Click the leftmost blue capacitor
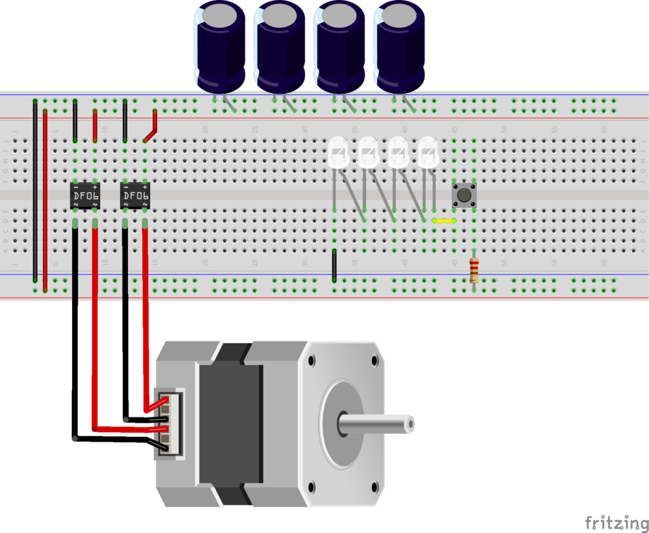coord(221,45)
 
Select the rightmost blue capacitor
coord(401,45)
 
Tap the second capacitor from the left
coord(280,45)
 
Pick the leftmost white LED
coord(337,153)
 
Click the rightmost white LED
coord(428,153)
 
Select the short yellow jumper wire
coord(445,221)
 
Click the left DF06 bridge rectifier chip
coord(85,195)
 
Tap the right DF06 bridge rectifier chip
coord(136,195)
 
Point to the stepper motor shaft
coord(376,425)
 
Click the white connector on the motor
coord(170,423)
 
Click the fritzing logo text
coord(616,523)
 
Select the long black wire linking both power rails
coord(34,192)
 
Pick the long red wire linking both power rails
coord(45,201)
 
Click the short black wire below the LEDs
coord(334,265)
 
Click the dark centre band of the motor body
coord(231,425)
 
